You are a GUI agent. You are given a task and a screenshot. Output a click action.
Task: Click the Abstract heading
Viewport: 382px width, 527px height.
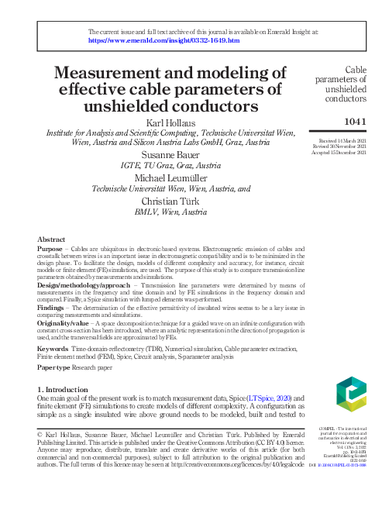51,240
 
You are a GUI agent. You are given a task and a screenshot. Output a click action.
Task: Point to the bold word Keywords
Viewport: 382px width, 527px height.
53,350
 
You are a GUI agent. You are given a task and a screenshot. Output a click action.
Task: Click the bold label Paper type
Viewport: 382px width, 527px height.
53,367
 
